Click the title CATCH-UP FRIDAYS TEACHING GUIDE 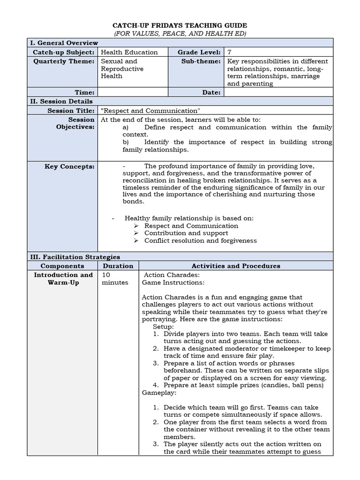[180, 25]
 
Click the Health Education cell [129, 52]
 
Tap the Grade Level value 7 [230, 52]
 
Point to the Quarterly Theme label [64, 61]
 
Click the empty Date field [278, 92]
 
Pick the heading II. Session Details [61, 101]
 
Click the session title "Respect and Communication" [150, 111]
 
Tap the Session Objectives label [75, 123]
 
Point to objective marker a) [125, 127]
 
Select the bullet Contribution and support [186, 233]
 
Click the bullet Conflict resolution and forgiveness [200, 240]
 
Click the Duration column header [118, 266]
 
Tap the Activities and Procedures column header [236, 266]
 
